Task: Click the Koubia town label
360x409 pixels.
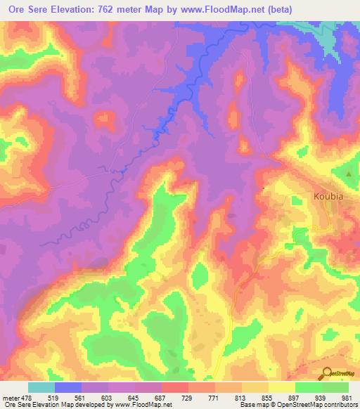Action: (328, 197)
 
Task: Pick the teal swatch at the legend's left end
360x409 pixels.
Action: (41, 387)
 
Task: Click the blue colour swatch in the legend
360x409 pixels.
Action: (68, 387)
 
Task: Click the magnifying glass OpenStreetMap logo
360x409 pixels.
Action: (328, 373)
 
